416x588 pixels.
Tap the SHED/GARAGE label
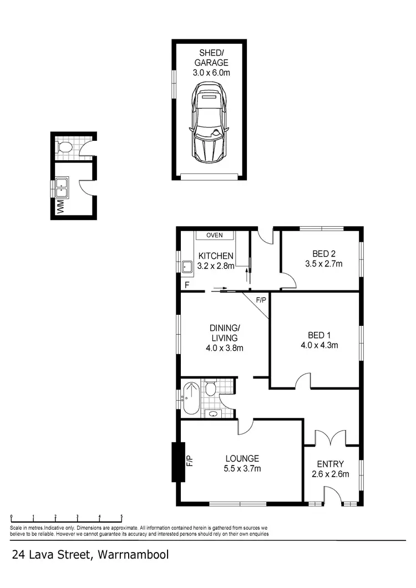tap(209, 58)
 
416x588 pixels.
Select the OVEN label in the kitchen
tap(214, 236)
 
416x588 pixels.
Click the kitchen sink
tap(187, 267)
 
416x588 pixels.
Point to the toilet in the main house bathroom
tap(210, 389)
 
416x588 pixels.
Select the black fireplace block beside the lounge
tap(177, 462)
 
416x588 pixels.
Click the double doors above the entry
tap(331, 438)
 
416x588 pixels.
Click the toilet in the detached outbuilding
tap(64, 147)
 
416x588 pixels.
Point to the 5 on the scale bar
tap(121, 517)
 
